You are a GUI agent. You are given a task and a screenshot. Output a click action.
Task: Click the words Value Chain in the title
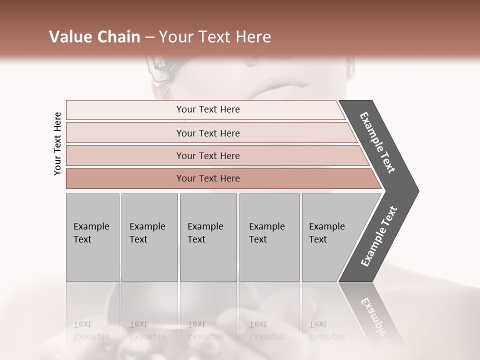[94, 37]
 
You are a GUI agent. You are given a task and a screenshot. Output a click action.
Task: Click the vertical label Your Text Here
[57, 143]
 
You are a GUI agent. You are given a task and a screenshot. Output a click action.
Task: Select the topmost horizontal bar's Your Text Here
[208, 109]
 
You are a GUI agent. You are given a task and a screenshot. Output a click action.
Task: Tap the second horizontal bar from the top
[208, 133]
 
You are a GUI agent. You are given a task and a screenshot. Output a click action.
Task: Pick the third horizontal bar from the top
[208, 155]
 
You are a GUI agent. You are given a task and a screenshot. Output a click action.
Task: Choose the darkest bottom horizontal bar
[208, 178]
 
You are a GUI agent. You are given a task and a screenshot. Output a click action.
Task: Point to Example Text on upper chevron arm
[378, 142]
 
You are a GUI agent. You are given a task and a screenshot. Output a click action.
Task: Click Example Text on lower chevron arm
[379, 236]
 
